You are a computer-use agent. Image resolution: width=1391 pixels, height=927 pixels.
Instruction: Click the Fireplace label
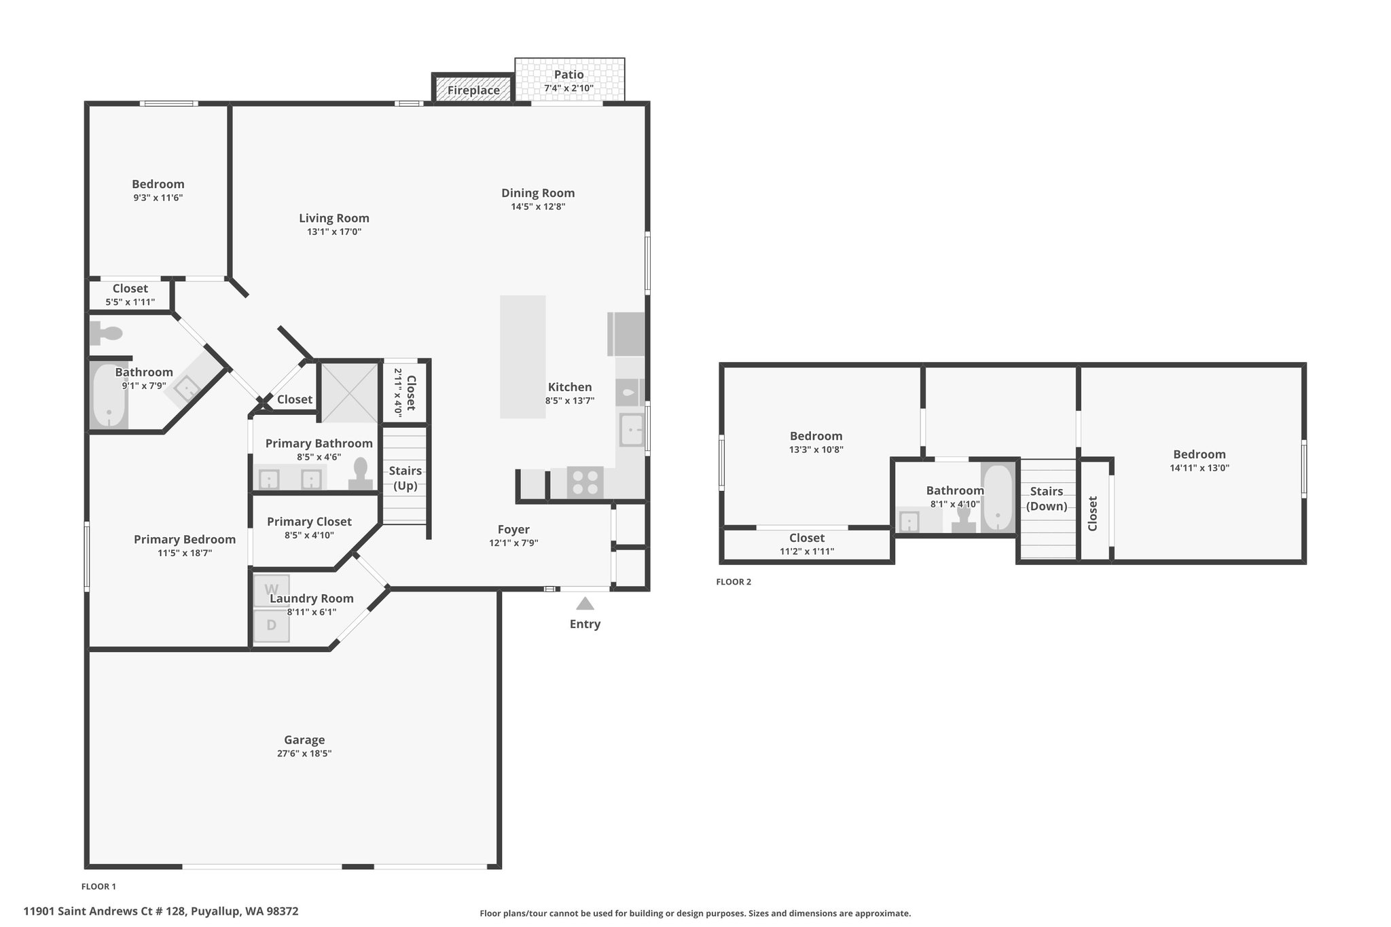point(473,90)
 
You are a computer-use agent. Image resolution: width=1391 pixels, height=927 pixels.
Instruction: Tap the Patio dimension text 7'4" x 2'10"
point(568,88)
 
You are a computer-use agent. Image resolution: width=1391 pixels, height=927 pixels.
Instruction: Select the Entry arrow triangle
point(585,604)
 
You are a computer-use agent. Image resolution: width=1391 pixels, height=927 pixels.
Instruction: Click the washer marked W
point(271,589)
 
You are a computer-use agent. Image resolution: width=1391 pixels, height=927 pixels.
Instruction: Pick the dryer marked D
point(271,625)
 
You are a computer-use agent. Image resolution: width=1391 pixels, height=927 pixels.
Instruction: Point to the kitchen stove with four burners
point(585,483)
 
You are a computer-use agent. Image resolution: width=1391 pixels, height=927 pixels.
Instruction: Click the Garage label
point(304,740)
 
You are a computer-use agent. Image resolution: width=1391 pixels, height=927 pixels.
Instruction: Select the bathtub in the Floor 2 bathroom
point(998,498)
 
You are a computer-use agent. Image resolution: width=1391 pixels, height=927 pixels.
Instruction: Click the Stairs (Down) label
point(1047,498)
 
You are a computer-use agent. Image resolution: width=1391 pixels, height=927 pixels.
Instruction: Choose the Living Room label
point(334,218)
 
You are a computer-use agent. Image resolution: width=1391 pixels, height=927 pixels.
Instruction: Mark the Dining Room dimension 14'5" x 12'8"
point(538,206)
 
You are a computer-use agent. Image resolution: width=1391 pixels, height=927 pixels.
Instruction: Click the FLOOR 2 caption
point(734,582)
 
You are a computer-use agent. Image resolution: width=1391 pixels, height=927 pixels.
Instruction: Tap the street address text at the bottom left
point(161,911)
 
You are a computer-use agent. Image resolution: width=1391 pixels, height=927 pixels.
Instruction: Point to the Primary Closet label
point(309,522)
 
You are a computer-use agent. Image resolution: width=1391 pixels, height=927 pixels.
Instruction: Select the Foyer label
point(513,529)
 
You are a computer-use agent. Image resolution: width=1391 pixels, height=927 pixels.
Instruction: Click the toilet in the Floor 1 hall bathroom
point(106,333)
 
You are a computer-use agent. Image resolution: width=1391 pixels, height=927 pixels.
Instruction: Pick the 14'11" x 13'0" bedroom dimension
point(1199,468)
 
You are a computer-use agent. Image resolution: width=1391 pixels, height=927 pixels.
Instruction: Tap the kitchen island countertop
point(523,357)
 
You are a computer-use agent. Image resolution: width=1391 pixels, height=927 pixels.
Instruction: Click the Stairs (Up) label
point(405,478)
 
